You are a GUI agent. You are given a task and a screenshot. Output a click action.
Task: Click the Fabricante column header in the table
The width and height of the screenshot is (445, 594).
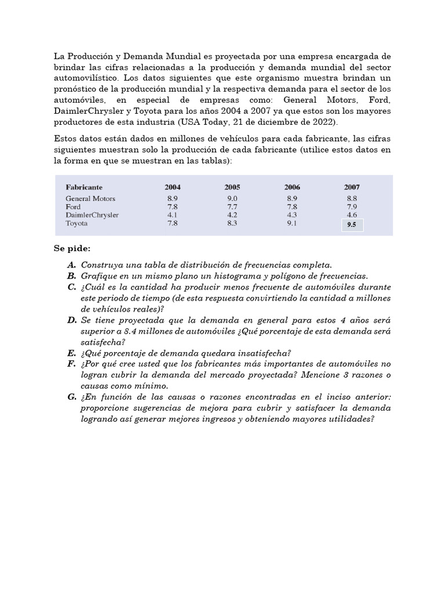84,187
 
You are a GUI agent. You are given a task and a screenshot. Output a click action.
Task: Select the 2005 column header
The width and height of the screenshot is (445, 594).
232,187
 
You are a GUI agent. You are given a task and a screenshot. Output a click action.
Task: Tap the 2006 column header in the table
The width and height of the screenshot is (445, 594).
292,187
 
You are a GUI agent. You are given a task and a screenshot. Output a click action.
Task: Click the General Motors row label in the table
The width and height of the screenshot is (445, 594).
90,198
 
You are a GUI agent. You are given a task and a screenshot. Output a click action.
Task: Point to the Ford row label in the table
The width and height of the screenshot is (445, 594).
74,207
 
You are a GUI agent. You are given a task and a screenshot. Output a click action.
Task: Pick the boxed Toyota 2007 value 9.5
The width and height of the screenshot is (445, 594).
352,224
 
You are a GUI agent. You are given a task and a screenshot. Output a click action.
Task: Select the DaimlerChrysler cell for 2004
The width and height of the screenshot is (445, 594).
172,215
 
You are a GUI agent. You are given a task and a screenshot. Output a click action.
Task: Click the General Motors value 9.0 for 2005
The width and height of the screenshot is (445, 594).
232,198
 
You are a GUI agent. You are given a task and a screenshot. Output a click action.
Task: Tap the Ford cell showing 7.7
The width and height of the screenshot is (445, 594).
232,207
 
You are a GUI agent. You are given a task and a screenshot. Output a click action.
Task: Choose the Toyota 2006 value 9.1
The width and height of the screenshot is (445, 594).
292,223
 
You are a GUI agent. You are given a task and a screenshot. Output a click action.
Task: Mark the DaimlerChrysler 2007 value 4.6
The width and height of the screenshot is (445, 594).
352,215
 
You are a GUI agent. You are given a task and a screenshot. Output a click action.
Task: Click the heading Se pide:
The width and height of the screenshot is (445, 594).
72,249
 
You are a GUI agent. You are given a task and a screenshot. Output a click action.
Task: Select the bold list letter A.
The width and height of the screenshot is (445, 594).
71,265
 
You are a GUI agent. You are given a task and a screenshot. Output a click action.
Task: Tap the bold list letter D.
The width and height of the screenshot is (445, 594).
71,320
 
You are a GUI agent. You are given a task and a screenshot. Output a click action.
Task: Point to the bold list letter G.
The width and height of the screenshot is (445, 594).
71,397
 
